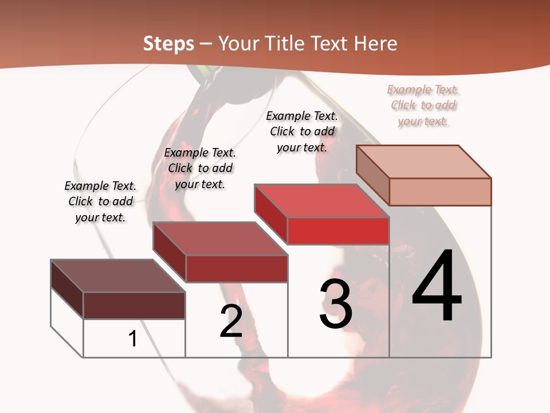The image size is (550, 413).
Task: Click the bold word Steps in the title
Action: [x=168, y=44]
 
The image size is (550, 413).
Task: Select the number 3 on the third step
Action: [x=336, y=304]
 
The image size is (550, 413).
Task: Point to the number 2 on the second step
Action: [x=231, y=321]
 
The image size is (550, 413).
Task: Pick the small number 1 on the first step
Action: [x=133, y=338]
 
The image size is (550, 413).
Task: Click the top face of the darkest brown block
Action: [x=118, y=276]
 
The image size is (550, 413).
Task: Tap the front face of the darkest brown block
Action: [x=134, y=305]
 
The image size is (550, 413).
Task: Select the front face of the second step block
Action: [x=237, y=268]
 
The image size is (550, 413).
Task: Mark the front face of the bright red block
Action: [x=338, y=231]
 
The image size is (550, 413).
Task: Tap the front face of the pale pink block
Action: [x=440, y=192]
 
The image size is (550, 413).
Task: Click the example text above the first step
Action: [x=100, y=202]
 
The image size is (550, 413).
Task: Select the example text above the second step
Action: [x=200, y=169]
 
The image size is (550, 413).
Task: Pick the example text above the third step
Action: [x=302, y=131]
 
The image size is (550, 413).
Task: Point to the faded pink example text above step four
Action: [x=423, y=105]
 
